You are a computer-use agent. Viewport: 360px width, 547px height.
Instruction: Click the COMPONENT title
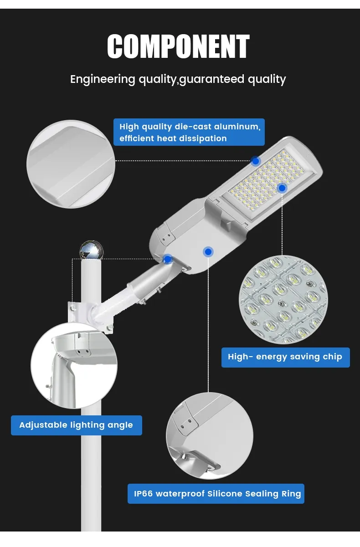(x=178, y=46)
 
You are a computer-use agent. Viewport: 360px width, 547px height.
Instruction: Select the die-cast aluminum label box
(x=189, y=132)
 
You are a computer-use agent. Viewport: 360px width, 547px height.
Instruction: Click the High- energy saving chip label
(x=285, y=357)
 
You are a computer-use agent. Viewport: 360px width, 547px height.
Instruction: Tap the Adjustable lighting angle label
(x=76, y=425)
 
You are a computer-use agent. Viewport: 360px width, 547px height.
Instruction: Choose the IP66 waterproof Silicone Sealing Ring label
(x=216, y=494)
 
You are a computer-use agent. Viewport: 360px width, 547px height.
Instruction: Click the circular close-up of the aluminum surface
(x=71, y=164)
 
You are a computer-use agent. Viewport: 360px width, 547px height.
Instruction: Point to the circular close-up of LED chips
(x=283, y=300)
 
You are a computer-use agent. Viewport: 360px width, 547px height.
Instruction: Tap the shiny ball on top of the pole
(x=92, y=249)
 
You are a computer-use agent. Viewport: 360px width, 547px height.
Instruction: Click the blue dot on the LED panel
(x=282, y=188)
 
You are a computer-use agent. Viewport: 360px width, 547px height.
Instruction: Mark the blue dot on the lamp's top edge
(x=256, y=161)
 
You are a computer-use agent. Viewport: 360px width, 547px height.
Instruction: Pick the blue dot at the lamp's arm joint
(x=168, y=259)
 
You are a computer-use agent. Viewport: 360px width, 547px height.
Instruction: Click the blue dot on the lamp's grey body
(x=208, y=251)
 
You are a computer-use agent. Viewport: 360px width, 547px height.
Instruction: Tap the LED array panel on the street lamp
(x=262, y=182)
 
